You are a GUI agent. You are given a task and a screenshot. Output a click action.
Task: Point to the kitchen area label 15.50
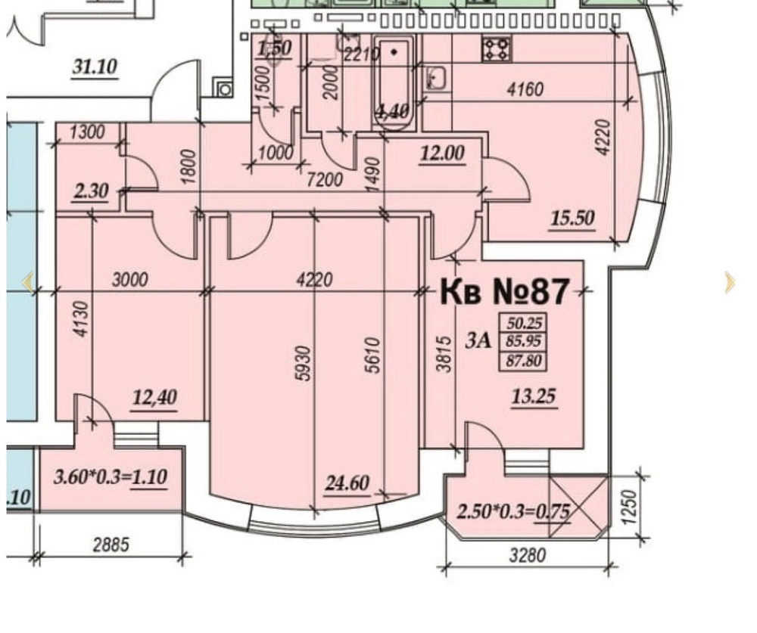(x=572, y=219)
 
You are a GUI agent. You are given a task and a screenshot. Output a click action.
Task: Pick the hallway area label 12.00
(x=443, y=154)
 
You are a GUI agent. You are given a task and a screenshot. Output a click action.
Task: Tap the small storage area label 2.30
(x=91, y=191)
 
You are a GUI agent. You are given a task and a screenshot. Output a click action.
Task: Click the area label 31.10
(x=95, y=67)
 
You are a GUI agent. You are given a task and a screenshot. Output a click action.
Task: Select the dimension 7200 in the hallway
(x=326, y=180)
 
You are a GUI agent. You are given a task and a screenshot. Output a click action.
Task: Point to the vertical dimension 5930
(x=302, y=363)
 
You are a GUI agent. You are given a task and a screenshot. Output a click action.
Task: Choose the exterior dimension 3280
(x=526, y=556)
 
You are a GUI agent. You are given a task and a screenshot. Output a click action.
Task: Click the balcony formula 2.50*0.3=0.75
(x=513, y=511)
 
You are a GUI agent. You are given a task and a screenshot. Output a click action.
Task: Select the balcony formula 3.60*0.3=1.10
(x=111, y=477)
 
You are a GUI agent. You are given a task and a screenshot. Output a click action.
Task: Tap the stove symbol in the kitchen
(x=497, y=49)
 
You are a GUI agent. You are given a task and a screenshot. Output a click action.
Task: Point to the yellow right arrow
(x=729, y=282)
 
